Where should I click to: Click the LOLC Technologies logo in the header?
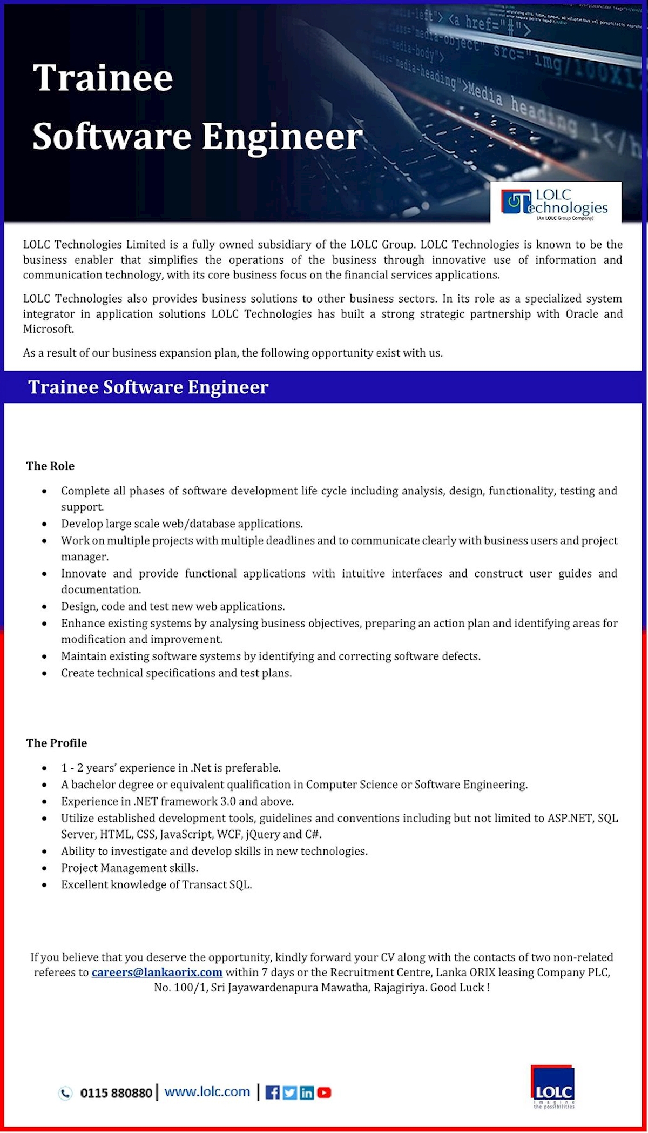click(556, 204)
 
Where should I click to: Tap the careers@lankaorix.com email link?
click(157, 972)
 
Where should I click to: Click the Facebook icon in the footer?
click(273, 1092)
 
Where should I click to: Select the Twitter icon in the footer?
click(290, 1092)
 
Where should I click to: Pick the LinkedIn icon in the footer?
click(307, 1092)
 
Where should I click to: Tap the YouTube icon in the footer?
click(324, 1092)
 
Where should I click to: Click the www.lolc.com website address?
click(207, 1091)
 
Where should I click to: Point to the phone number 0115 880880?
click(116, 1093)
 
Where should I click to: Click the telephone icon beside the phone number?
click(65, 1093)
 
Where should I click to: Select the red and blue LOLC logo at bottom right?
click(553, 1086)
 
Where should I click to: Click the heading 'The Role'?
click(50, 466)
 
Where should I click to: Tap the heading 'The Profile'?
click(57, 743)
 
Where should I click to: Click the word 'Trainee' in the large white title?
click(103, 78)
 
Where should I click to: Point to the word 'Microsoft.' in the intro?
click(49, 329)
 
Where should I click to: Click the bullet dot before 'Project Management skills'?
click(44, 868)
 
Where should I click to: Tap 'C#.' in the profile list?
click(313, 834)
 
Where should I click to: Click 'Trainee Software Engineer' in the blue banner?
click(148, 387)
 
